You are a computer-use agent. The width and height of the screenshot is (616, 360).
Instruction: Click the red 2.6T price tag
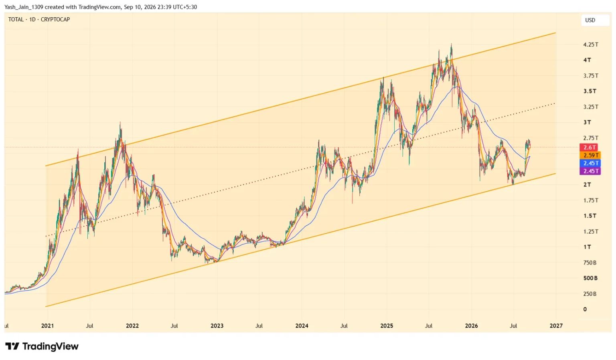[588, 147]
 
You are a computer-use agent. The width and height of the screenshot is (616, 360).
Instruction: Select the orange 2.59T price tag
[590, 155]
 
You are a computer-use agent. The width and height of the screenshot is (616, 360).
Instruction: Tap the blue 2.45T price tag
[590, 163]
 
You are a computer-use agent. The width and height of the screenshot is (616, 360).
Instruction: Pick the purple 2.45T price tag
[590, 171]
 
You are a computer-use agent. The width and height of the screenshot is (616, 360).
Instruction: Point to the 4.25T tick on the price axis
[590, 44]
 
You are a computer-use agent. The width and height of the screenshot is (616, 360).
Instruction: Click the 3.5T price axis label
[590, 91]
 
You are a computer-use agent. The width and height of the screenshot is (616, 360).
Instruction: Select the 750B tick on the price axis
[590, 263]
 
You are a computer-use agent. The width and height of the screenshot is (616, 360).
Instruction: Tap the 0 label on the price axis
[585, 309]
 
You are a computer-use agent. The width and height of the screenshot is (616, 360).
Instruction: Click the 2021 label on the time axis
[48, 326]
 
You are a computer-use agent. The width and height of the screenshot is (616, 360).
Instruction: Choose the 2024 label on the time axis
[302, 326]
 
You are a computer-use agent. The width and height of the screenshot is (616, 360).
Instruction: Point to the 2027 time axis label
[556, 326]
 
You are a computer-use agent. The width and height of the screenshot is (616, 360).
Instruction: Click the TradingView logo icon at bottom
[12, 346]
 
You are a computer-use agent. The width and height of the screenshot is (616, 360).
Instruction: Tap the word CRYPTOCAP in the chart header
[55, 20]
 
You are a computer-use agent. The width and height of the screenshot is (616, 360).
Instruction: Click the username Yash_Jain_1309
[24, 7]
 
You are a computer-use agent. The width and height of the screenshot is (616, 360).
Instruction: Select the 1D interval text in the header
[32, 20]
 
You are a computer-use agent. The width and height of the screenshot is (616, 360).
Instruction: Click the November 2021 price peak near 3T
[120, 123]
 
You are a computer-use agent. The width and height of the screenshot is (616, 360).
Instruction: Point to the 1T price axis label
[587, 247]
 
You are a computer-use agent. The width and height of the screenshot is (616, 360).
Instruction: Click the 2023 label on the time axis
[217, 326]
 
